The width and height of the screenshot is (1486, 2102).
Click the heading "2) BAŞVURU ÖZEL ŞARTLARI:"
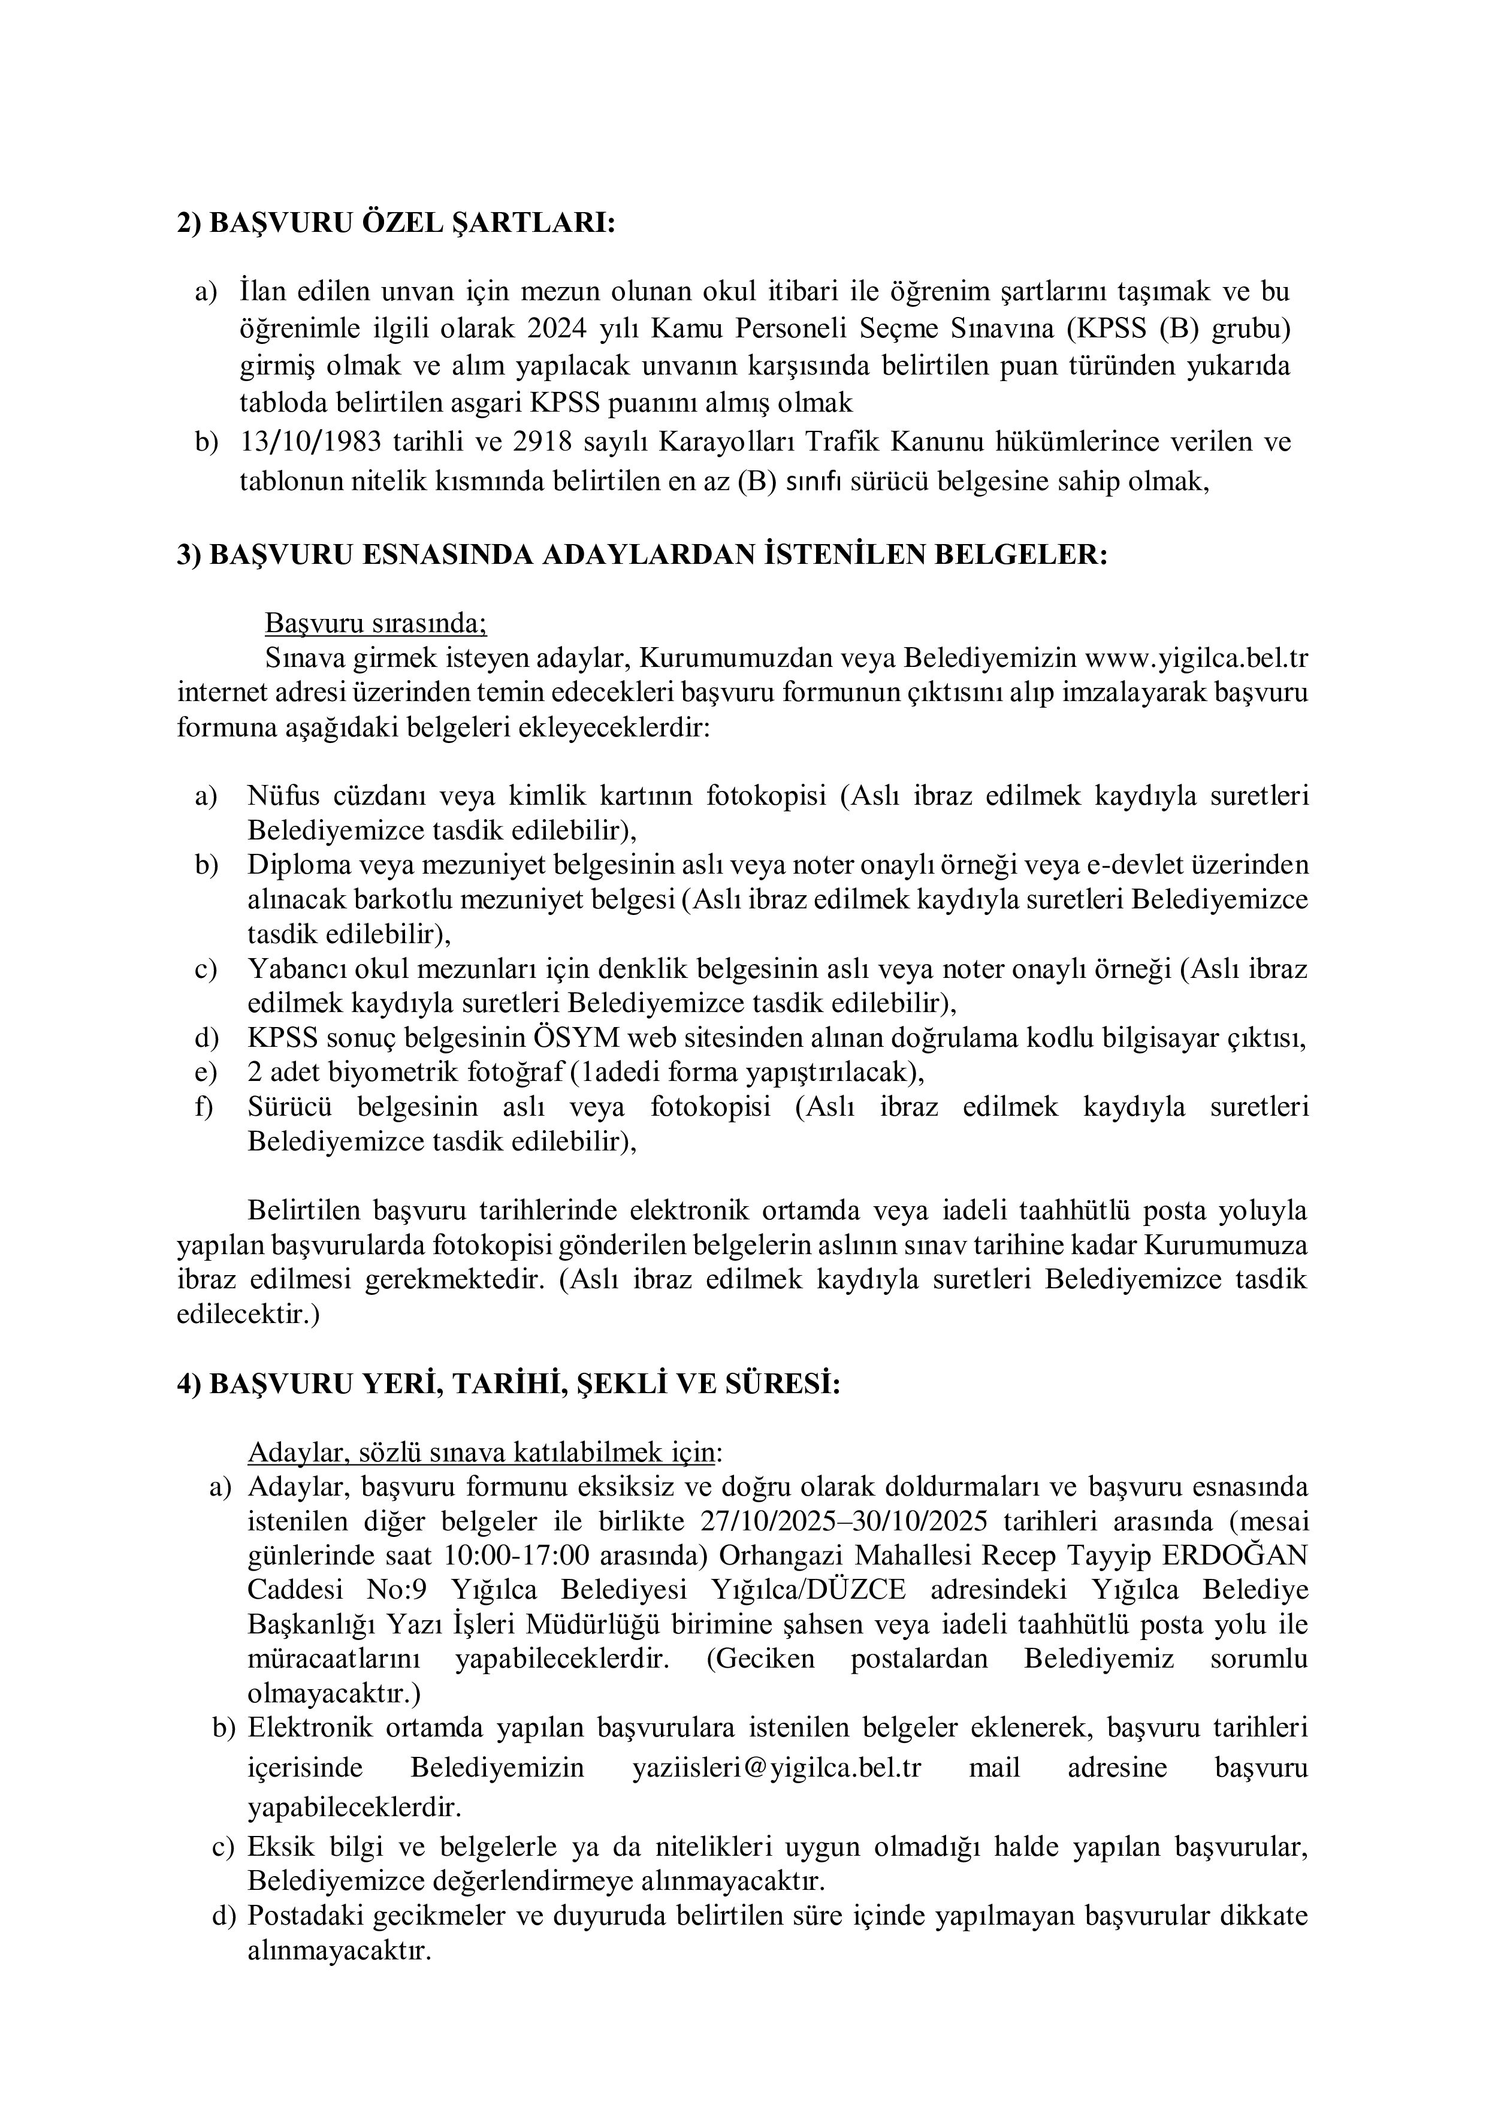[x=395, y=224]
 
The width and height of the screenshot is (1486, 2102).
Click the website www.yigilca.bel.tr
[x=1196, y=659]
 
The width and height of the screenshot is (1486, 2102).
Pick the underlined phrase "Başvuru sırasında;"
[x=375, y=623]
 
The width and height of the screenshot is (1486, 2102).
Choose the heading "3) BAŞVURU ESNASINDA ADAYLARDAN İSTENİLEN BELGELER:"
[x=642, y=555]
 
